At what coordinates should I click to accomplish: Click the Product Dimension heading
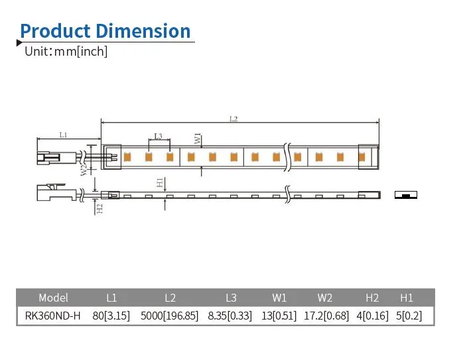coord(105,30)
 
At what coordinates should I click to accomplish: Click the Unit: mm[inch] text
coord(66,51)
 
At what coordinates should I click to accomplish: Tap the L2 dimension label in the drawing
coord(233,119)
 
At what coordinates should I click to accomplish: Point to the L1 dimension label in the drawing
coord(63,135)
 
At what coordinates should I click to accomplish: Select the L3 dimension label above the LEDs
coord(158,137)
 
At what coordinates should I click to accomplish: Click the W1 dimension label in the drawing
coord(198,139)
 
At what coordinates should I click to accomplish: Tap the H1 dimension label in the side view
coord(160,182)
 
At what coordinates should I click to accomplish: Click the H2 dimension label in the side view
coord(100,208)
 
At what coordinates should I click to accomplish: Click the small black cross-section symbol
coord(405,195)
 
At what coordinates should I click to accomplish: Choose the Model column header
coord(53,298)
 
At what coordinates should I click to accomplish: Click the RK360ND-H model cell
coord(52,316)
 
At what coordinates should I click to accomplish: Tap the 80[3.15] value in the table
coord(111,316)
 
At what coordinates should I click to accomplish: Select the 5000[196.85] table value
coord(169,316)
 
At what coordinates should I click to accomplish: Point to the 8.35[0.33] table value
coord(230,316)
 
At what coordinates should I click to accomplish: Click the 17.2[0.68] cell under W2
coord(326,316)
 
